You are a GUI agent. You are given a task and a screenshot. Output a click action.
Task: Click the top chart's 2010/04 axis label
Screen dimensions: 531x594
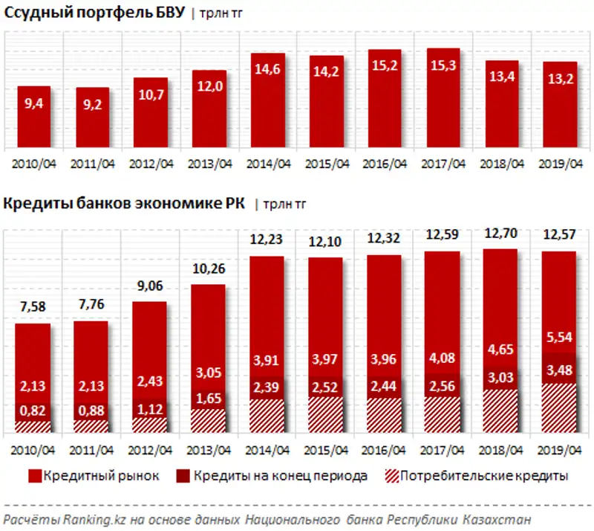pos(34,164)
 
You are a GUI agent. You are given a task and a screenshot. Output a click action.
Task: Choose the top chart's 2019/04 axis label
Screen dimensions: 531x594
pos(561,164)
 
